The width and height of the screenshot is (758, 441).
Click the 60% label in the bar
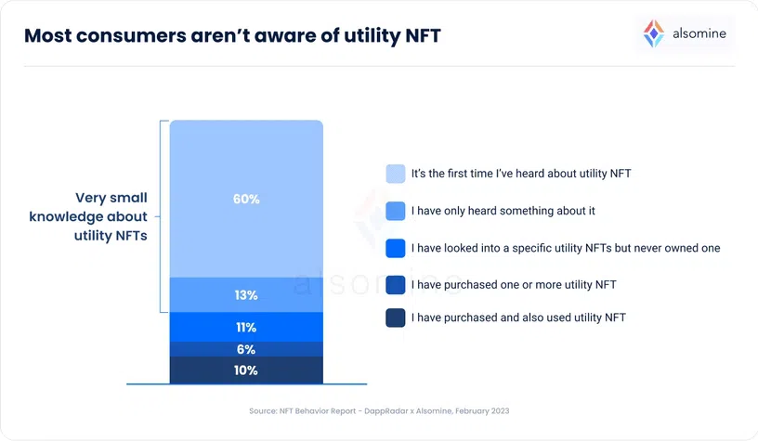[246, 199]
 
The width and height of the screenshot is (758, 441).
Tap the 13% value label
[246, 295]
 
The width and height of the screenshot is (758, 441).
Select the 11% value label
[246, 327]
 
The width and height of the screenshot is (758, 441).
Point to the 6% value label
[246, 349]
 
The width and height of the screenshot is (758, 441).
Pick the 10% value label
[246, 370]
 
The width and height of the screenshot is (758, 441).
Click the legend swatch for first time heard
[395, 174]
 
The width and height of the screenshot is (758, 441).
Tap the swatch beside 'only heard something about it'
[395, 211]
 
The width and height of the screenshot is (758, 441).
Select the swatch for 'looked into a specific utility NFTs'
[395, 248]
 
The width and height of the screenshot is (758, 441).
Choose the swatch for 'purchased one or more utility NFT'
[395, 283]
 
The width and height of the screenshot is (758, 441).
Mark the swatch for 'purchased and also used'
[395, 318]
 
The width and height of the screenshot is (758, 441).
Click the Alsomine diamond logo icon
[654, 34]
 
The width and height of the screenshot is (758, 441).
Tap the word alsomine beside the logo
[699, 34]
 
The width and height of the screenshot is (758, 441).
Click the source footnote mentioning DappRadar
[379, 410]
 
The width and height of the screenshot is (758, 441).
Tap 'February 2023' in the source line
[478, 410]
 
